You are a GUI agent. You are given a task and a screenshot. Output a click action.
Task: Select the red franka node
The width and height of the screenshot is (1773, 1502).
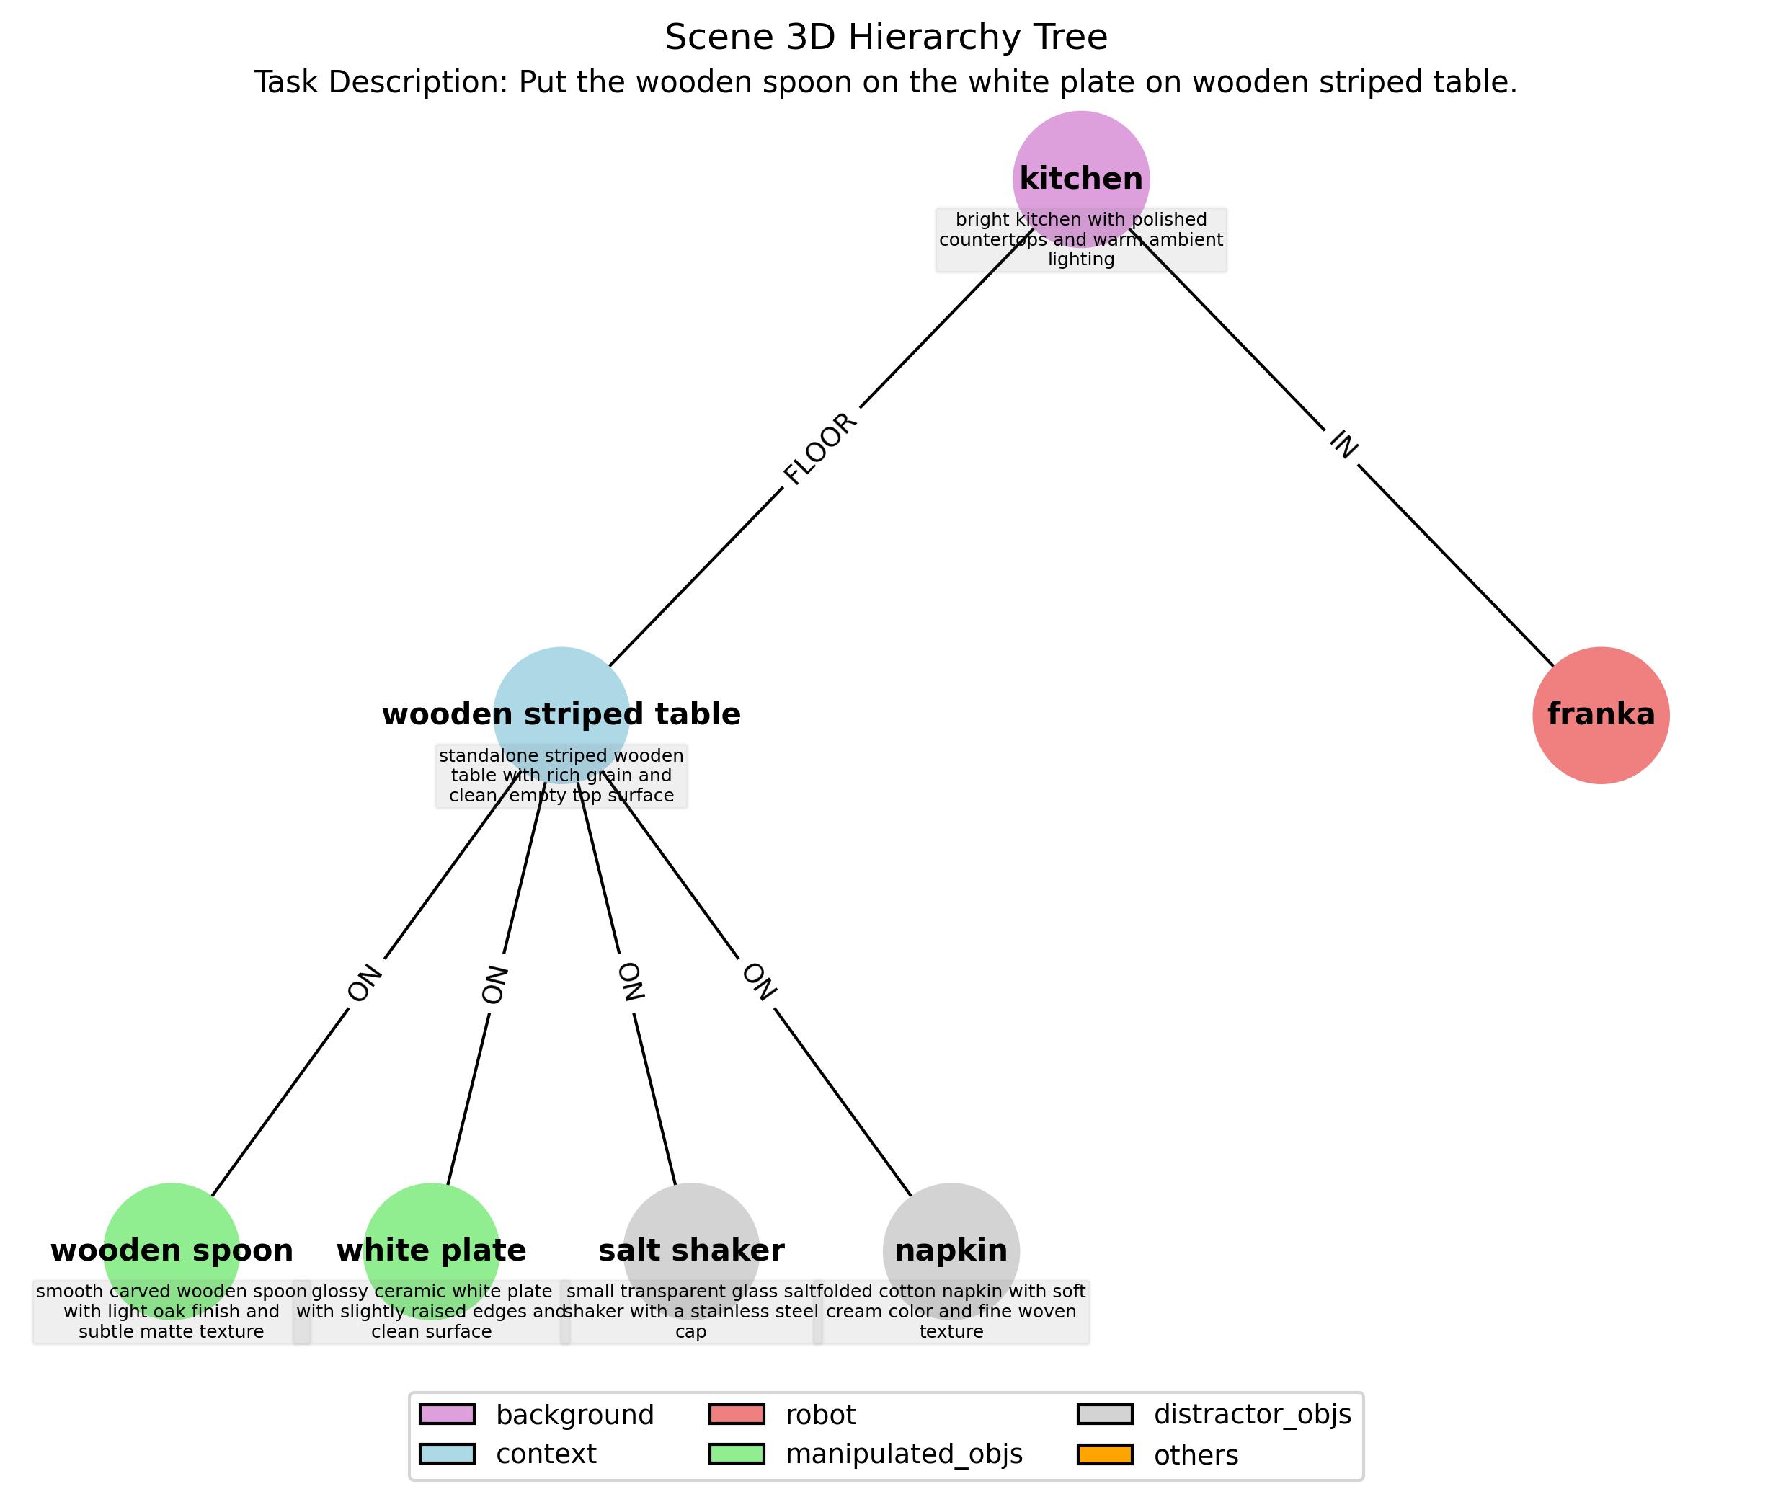1600,714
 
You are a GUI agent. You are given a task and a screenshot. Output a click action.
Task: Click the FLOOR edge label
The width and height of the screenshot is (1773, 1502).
820,449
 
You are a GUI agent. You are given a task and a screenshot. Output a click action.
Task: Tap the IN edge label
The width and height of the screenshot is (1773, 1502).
1343,444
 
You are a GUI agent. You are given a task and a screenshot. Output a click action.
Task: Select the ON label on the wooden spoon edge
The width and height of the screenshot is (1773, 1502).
365,984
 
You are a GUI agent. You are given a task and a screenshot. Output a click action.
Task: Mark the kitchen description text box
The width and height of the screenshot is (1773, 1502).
1080,239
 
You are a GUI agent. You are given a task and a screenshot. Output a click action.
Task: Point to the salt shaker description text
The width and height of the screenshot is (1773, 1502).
690,1311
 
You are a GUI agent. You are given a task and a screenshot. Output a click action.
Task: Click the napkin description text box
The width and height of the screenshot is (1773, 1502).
951,1311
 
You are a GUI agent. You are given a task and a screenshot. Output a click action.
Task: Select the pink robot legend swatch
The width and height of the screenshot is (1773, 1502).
737,1414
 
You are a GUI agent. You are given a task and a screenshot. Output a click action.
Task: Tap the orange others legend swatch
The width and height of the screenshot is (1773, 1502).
1104,1454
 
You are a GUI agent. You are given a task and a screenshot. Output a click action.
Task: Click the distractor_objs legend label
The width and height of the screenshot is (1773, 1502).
1252,1414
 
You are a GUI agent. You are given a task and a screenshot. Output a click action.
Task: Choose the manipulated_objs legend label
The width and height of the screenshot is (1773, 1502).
904,1454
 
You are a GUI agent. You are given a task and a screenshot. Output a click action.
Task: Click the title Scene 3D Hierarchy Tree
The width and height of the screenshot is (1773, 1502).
886,37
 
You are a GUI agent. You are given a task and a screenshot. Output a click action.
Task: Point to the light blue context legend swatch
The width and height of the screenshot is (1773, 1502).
447,1454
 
